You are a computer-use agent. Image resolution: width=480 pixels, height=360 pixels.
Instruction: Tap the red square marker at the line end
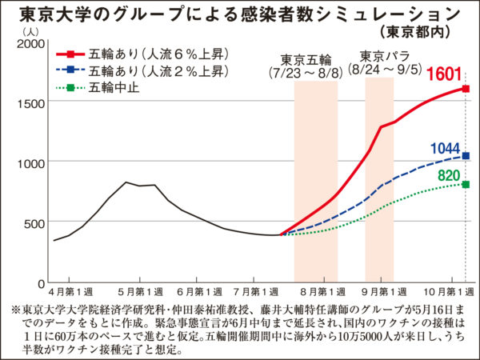pyautogui.click(x=466, y=89)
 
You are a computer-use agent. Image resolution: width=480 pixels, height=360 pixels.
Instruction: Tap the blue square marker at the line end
pyautogui.click(x=466, y=156)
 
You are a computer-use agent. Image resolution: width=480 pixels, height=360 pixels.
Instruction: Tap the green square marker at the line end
pyautogui.click(x=466, y=184)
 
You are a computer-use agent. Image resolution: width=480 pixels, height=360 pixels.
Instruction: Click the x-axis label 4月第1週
pyautogui.click(x=69, y=292)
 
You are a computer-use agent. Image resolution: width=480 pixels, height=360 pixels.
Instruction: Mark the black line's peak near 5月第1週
pyautogui.click(x=126, y=182)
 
